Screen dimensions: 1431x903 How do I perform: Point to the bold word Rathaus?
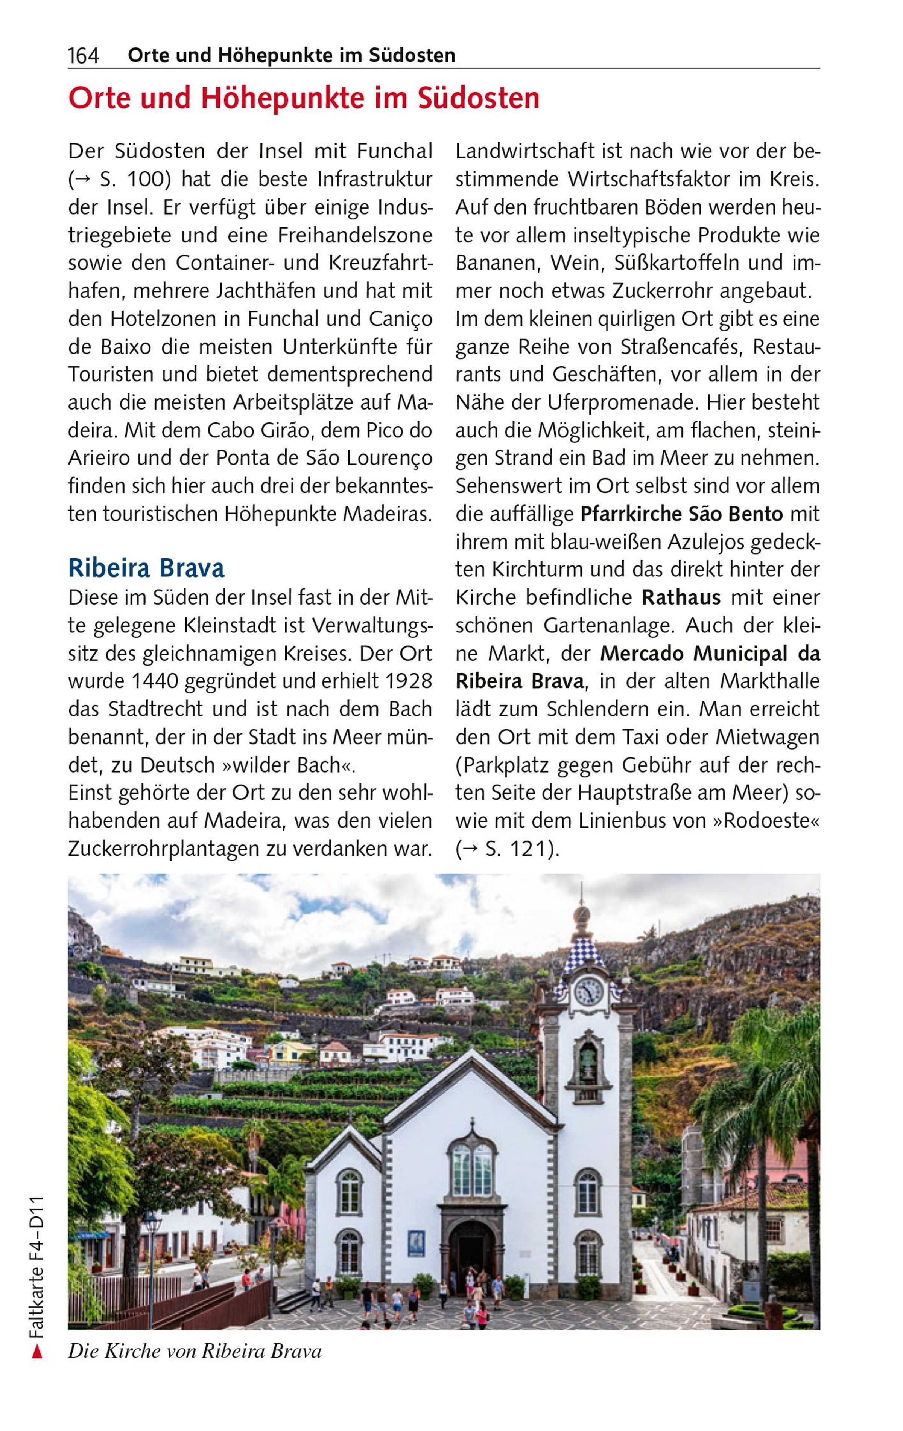point(681,597)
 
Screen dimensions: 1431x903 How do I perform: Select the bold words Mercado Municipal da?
point(710,654)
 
